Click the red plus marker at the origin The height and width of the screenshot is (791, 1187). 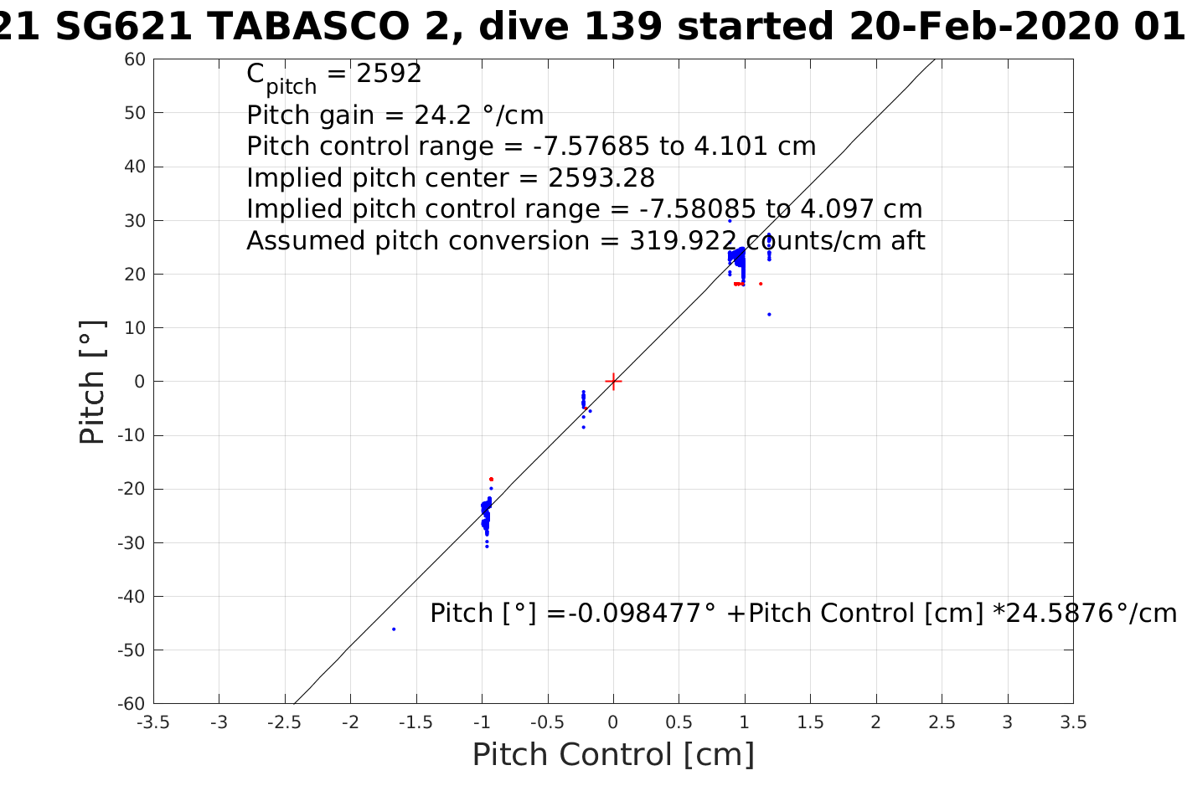(x=613, y=382)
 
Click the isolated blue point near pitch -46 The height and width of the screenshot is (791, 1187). (x=394, y=629)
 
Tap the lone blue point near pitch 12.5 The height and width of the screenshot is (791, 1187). (x=769, y=315)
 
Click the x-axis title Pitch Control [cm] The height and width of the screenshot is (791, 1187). (x=613, y=755)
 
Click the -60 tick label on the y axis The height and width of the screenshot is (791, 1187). (x=132, y=704)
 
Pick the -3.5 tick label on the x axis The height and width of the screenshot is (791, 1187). (x=153, y=722)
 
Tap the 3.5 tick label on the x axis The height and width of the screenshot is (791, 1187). (x=1073, y=722)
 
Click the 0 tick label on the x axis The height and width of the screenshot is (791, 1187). (x=613, y=722)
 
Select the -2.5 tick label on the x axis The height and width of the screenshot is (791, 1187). (x=285, y=722)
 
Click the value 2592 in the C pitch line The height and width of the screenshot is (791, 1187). (x=389, y=74)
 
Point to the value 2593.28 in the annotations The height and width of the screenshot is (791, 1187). (x=601, y=178)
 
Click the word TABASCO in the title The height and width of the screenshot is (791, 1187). (x=327, y=27)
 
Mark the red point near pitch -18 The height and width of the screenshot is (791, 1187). (x=491, y=479)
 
